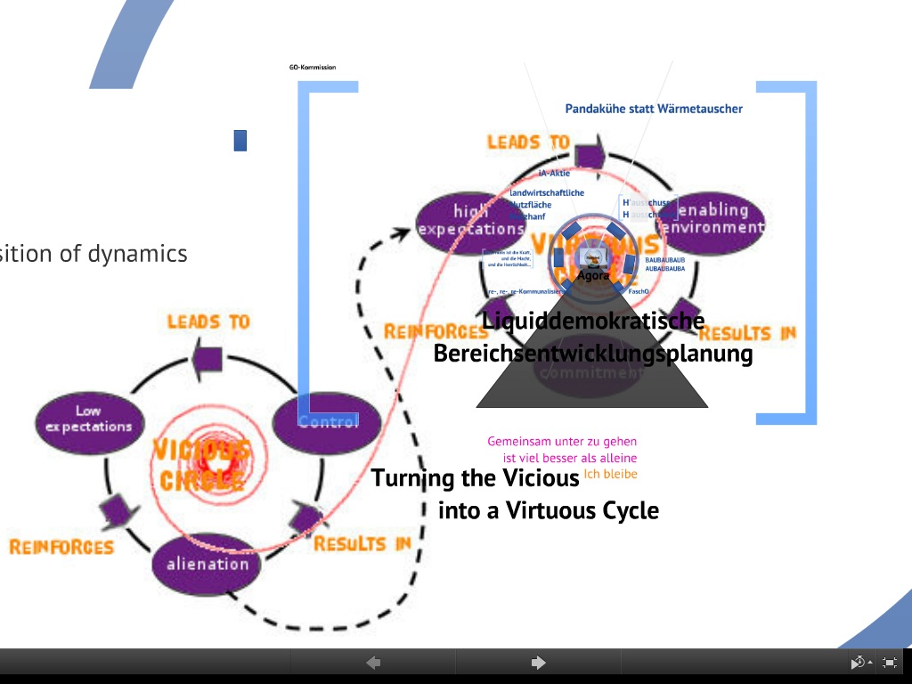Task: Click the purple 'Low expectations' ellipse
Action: pyautogui.click(x=88, y=419)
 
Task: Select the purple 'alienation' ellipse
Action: pyautogui.click(x=208, y=564)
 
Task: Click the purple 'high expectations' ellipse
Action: pyautogui.click(x=470, y=220)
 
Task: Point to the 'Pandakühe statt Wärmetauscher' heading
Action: pyautogui.click(x=654, y=109)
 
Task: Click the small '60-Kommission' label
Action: pyautogui.click(x=312, y=67)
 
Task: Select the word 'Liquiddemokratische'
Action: pyautogui.click(x=593, y=321)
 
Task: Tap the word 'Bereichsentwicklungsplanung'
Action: pyautogui.click(x=593, y=354)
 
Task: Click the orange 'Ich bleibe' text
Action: pyautogui.click(x=611, y=474)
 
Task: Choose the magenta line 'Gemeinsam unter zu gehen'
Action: pyautogui.click(x=562, y=441)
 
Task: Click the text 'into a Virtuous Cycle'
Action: pyautogui.click(x=549, y=510)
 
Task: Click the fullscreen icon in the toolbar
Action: pyautogui.click(x=889, y=662)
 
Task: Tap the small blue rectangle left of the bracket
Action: pyautogui.click(x=240, y=140)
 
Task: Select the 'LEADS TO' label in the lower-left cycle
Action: pyautogui.click(x=208, y=321)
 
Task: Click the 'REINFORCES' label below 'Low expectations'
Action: pyautogui.click(x=61, y=546)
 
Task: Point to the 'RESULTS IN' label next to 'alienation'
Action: pyautogui.click(x=362, y=543)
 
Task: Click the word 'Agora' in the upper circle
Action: pyautogui.click(x=593, y=276)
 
